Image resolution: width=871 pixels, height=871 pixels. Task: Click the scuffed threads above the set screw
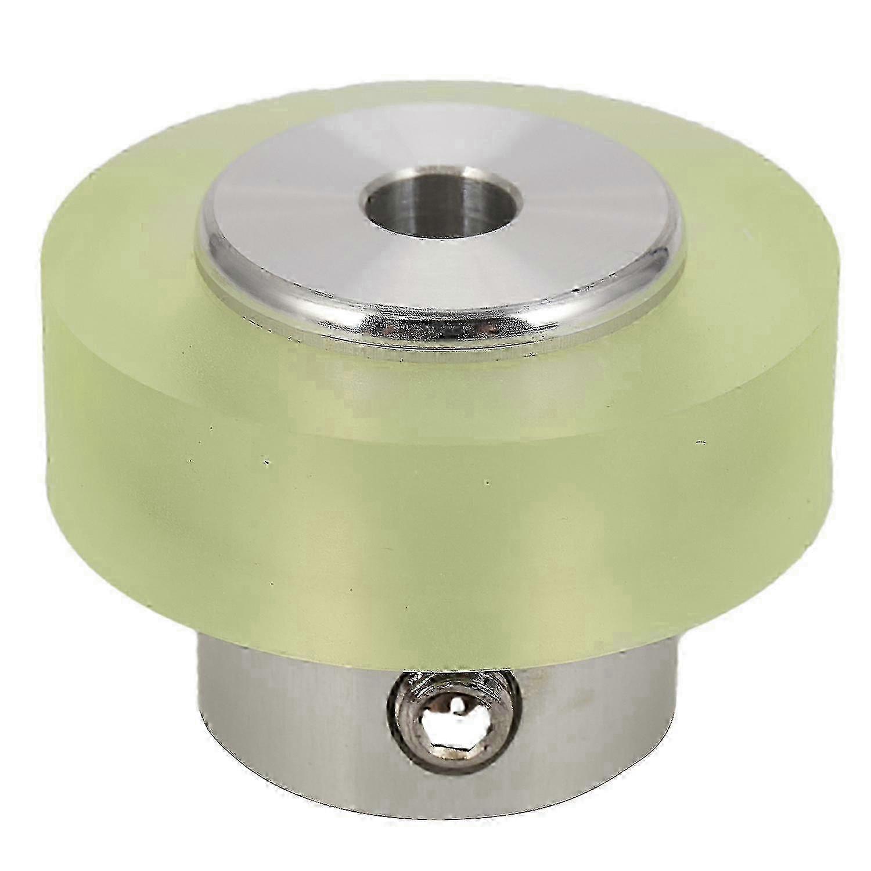[x=430, y=685]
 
